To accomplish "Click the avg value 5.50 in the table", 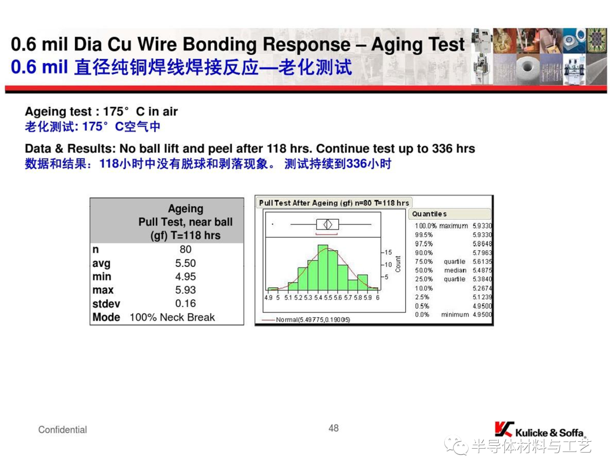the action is click(185, 263).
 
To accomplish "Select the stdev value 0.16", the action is click(185, 304).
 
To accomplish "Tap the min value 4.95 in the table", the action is click(185, 276).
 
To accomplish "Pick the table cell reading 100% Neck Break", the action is click(172, 317).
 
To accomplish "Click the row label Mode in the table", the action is click(106, 317).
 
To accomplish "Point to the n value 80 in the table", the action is click(185, 249).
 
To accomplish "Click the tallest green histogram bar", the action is click(323, 267).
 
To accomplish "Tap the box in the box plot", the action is click(328, 224).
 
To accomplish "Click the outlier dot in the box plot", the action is click(273, 224).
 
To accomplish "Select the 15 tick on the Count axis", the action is click(388, 253).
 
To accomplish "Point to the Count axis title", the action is click(398, 264).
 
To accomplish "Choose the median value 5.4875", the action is click(482, 270).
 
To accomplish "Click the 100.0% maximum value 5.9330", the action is click(482, 226).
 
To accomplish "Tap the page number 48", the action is click(333, 428).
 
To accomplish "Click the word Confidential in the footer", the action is click(62, 430).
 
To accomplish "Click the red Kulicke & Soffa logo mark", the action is click(504, 429).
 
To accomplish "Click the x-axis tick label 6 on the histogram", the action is click(378, 298).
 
